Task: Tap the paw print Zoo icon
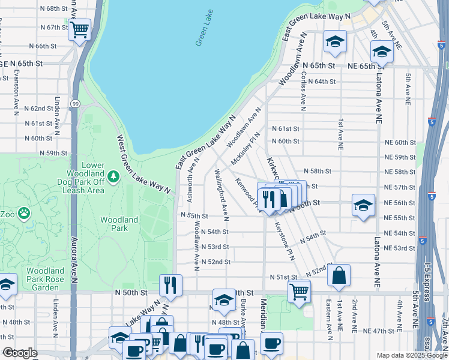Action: (23, 212)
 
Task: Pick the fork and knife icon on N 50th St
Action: (170, 284)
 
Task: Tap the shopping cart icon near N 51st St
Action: (298, 292)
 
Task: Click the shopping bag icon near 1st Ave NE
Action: (339, 275)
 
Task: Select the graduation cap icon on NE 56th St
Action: (363, 205)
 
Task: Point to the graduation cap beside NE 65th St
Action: (381, 52)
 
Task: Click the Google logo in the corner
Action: (19, 353)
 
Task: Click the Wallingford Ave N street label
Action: (220, 193)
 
